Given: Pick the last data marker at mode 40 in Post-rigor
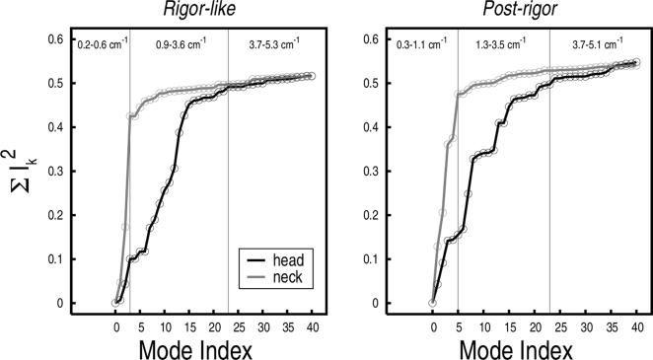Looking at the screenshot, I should (x=636, y=62).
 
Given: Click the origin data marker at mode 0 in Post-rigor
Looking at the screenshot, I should (x=432, y=303).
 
